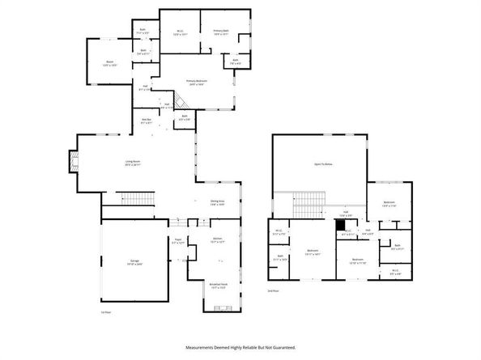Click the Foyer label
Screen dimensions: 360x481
point(178,240)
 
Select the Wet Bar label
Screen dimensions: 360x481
point(146,121)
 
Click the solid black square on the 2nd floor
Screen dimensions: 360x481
point(340,224)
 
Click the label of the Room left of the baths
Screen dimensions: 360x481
point(106,61)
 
